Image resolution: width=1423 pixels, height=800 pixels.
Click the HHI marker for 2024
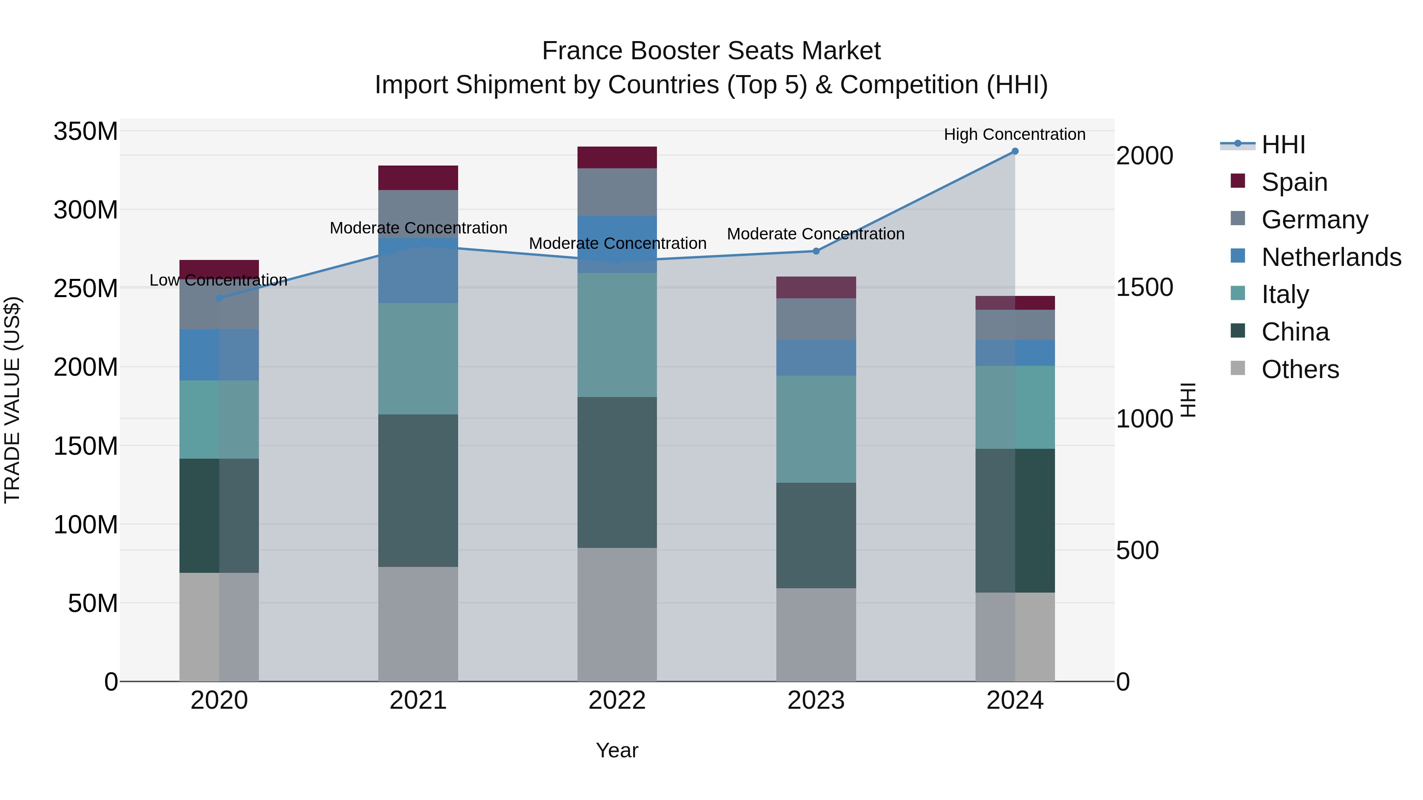(1015, 151)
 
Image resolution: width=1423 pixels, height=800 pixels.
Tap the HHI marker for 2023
(816, 251)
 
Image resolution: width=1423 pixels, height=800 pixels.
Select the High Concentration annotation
(1014, 134)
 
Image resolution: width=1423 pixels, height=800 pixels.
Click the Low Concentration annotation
(218, 280)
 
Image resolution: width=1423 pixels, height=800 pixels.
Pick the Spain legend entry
(1294, 182)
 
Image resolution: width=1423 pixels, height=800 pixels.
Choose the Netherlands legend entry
(1331, 257)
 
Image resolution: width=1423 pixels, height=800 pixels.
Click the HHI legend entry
(1283, 145)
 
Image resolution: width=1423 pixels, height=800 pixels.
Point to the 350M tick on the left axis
(86, 132)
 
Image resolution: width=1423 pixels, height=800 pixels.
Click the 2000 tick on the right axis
(1145, 156)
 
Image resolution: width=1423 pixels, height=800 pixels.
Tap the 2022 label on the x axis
(617, 700)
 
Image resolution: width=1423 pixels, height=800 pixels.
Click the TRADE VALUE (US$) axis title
(12, 400)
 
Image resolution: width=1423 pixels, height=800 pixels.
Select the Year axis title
(617, 750)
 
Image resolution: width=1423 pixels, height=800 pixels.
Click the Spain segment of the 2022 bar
(617, 157)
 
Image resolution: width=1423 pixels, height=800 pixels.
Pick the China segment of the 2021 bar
(418, 490)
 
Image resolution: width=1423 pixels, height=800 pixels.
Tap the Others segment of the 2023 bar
(816, 634)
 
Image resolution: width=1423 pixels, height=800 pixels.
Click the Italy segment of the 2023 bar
(816, 429)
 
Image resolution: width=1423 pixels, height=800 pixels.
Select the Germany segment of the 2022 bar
(617, 192)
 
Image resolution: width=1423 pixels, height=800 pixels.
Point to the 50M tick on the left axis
(92, 603)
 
